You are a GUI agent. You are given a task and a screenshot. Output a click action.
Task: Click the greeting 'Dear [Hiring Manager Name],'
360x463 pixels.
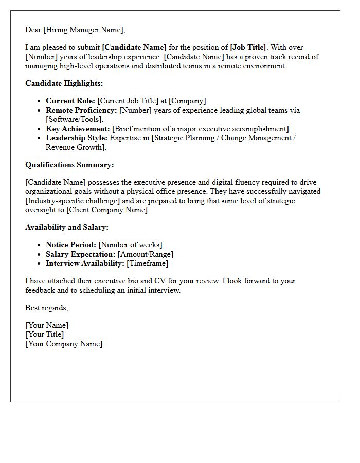coord(75,30)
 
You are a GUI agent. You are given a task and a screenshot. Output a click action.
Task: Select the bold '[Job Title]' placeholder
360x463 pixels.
coord(248,47)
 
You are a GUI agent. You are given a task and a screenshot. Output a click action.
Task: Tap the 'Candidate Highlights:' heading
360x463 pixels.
coord(64,83)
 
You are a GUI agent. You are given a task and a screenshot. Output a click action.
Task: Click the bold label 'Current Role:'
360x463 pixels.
coord(70,101)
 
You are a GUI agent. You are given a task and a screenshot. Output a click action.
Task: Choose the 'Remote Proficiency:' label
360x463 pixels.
coord(81,110)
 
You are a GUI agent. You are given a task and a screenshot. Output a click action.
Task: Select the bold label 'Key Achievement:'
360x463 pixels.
coord(78,129)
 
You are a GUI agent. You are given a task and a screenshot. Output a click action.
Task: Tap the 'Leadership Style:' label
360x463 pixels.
coord(77,138)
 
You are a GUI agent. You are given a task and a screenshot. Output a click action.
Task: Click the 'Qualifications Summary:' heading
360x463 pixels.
coord(69,165)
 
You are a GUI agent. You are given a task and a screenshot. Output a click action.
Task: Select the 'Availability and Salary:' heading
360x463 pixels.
coord(67,227)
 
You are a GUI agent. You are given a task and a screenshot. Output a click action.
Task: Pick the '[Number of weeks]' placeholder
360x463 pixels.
coord(131,245)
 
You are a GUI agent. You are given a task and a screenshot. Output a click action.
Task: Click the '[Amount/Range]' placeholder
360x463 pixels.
coord(146,254)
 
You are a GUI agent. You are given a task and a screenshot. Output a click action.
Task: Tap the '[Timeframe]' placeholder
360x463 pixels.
coord(148,263)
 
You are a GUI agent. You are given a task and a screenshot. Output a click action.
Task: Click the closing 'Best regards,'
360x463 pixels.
coord(46,308)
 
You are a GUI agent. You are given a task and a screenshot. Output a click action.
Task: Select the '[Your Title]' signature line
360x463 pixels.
coord(45,334)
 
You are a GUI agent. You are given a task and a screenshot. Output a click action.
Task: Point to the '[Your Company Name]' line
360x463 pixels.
coord(64,344)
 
